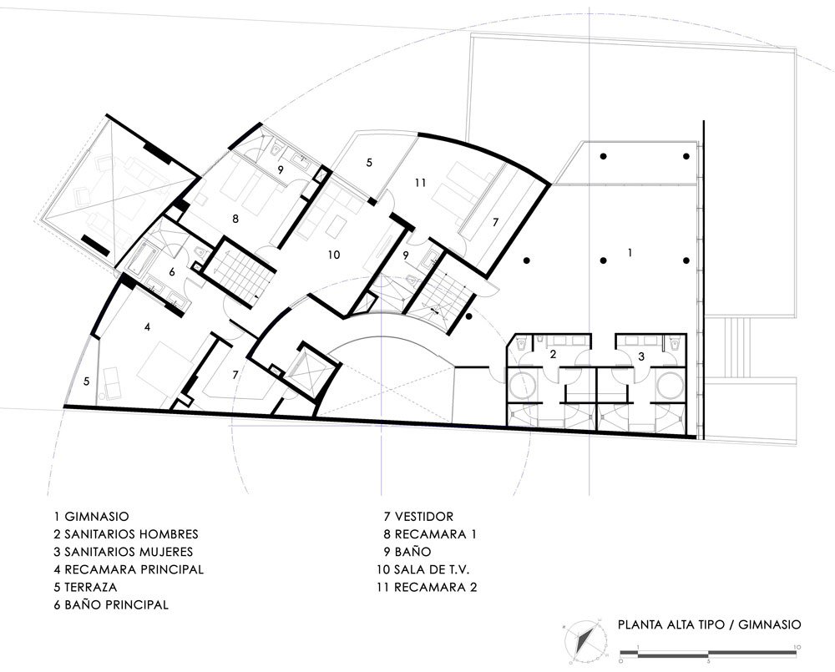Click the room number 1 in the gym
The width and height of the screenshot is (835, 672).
(630, 252)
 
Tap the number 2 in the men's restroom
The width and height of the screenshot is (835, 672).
(553, 354)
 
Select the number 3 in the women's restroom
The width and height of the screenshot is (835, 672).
(641, 356)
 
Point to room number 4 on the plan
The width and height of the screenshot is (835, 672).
(148, 327)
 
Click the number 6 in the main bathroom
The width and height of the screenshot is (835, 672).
(171, 271)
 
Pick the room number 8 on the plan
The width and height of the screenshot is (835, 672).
(235, 219)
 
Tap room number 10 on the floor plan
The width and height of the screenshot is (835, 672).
(334, 255)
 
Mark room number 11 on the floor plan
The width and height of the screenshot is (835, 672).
(421, 183)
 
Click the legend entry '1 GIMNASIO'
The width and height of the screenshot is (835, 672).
(91, 516)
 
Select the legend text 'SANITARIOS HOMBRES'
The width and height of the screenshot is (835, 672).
(131, 533)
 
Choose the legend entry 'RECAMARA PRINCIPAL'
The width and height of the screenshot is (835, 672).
(134, 569)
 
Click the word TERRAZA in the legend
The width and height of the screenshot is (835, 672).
(90, 587)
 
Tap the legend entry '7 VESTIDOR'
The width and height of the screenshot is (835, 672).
(418, 516)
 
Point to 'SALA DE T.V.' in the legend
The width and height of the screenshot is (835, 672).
(432, 569)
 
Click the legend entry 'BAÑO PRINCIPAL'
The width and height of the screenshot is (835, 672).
(116, 604)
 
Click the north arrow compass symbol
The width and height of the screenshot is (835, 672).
(585, 639)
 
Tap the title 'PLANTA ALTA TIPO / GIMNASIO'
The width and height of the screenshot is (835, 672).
(709, 624)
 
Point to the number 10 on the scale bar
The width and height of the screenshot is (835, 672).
(796, 647)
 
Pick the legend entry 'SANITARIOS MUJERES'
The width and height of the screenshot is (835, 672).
(129, 551)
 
